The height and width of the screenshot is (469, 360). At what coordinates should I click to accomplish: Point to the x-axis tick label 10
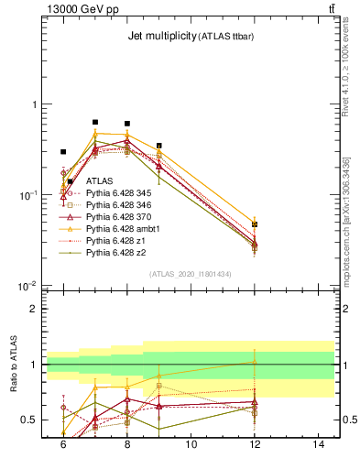point(191,444)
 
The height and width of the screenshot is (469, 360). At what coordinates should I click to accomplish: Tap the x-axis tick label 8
point(126,444)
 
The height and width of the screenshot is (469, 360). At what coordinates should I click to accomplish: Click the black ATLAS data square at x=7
point(95,122)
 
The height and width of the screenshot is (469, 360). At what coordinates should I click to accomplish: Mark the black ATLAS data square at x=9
point(159,146)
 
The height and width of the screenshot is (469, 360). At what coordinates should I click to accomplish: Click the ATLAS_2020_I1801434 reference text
point(191,274)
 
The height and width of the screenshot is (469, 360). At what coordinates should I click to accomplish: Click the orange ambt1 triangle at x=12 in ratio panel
point(255,363)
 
